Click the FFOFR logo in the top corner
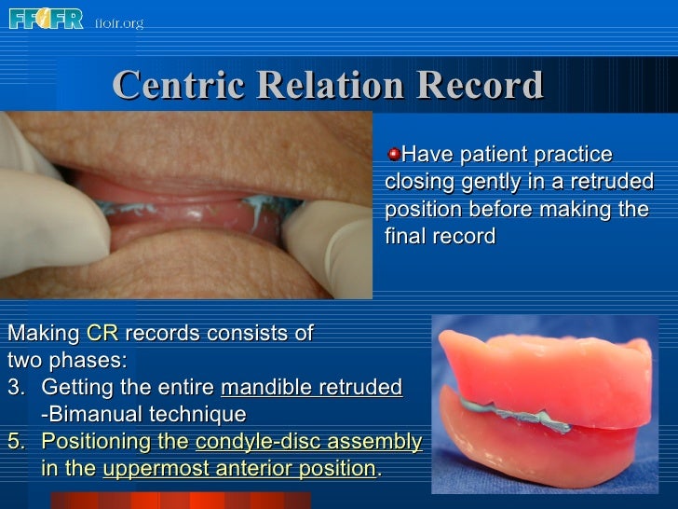46,18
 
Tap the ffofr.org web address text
119,22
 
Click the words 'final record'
440,237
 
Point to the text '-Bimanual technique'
143,414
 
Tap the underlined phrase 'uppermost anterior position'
239,468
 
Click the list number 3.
13,387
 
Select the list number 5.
13,441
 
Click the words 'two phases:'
66,360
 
